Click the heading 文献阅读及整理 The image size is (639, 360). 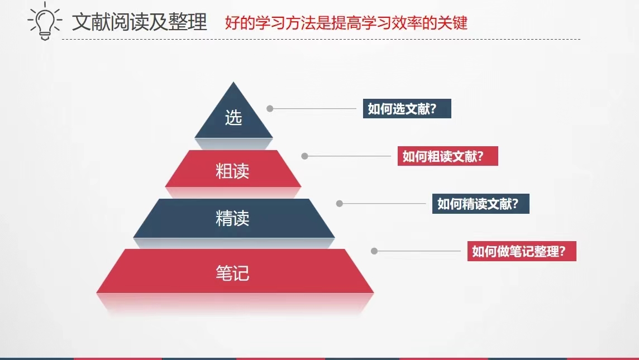coord(140,22)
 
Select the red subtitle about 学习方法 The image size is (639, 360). coord(346,23)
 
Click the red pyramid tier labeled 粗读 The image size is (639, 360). coord(233,169)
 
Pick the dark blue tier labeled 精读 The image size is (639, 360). coord(233,218)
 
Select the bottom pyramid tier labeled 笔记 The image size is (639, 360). coord(235,271)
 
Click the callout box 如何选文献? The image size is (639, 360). coord(407,109)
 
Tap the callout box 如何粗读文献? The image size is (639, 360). coord(448,156)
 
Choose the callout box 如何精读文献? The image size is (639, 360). coord(481,204)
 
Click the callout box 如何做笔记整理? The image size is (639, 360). coord(522,251)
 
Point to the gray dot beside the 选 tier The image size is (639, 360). coord(270,108)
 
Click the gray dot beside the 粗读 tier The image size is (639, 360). coord(304,156)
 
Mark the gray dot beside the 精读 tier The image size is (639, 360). coord(340,204)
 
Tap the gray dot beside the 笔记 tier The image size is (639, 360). coord(374,251)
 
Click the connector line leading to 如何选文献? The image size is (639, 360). coord(314,109)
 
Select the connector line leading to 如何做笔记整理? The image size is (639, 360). coord(419,251)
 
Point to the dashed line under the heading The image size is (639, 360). coord(321,40)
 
